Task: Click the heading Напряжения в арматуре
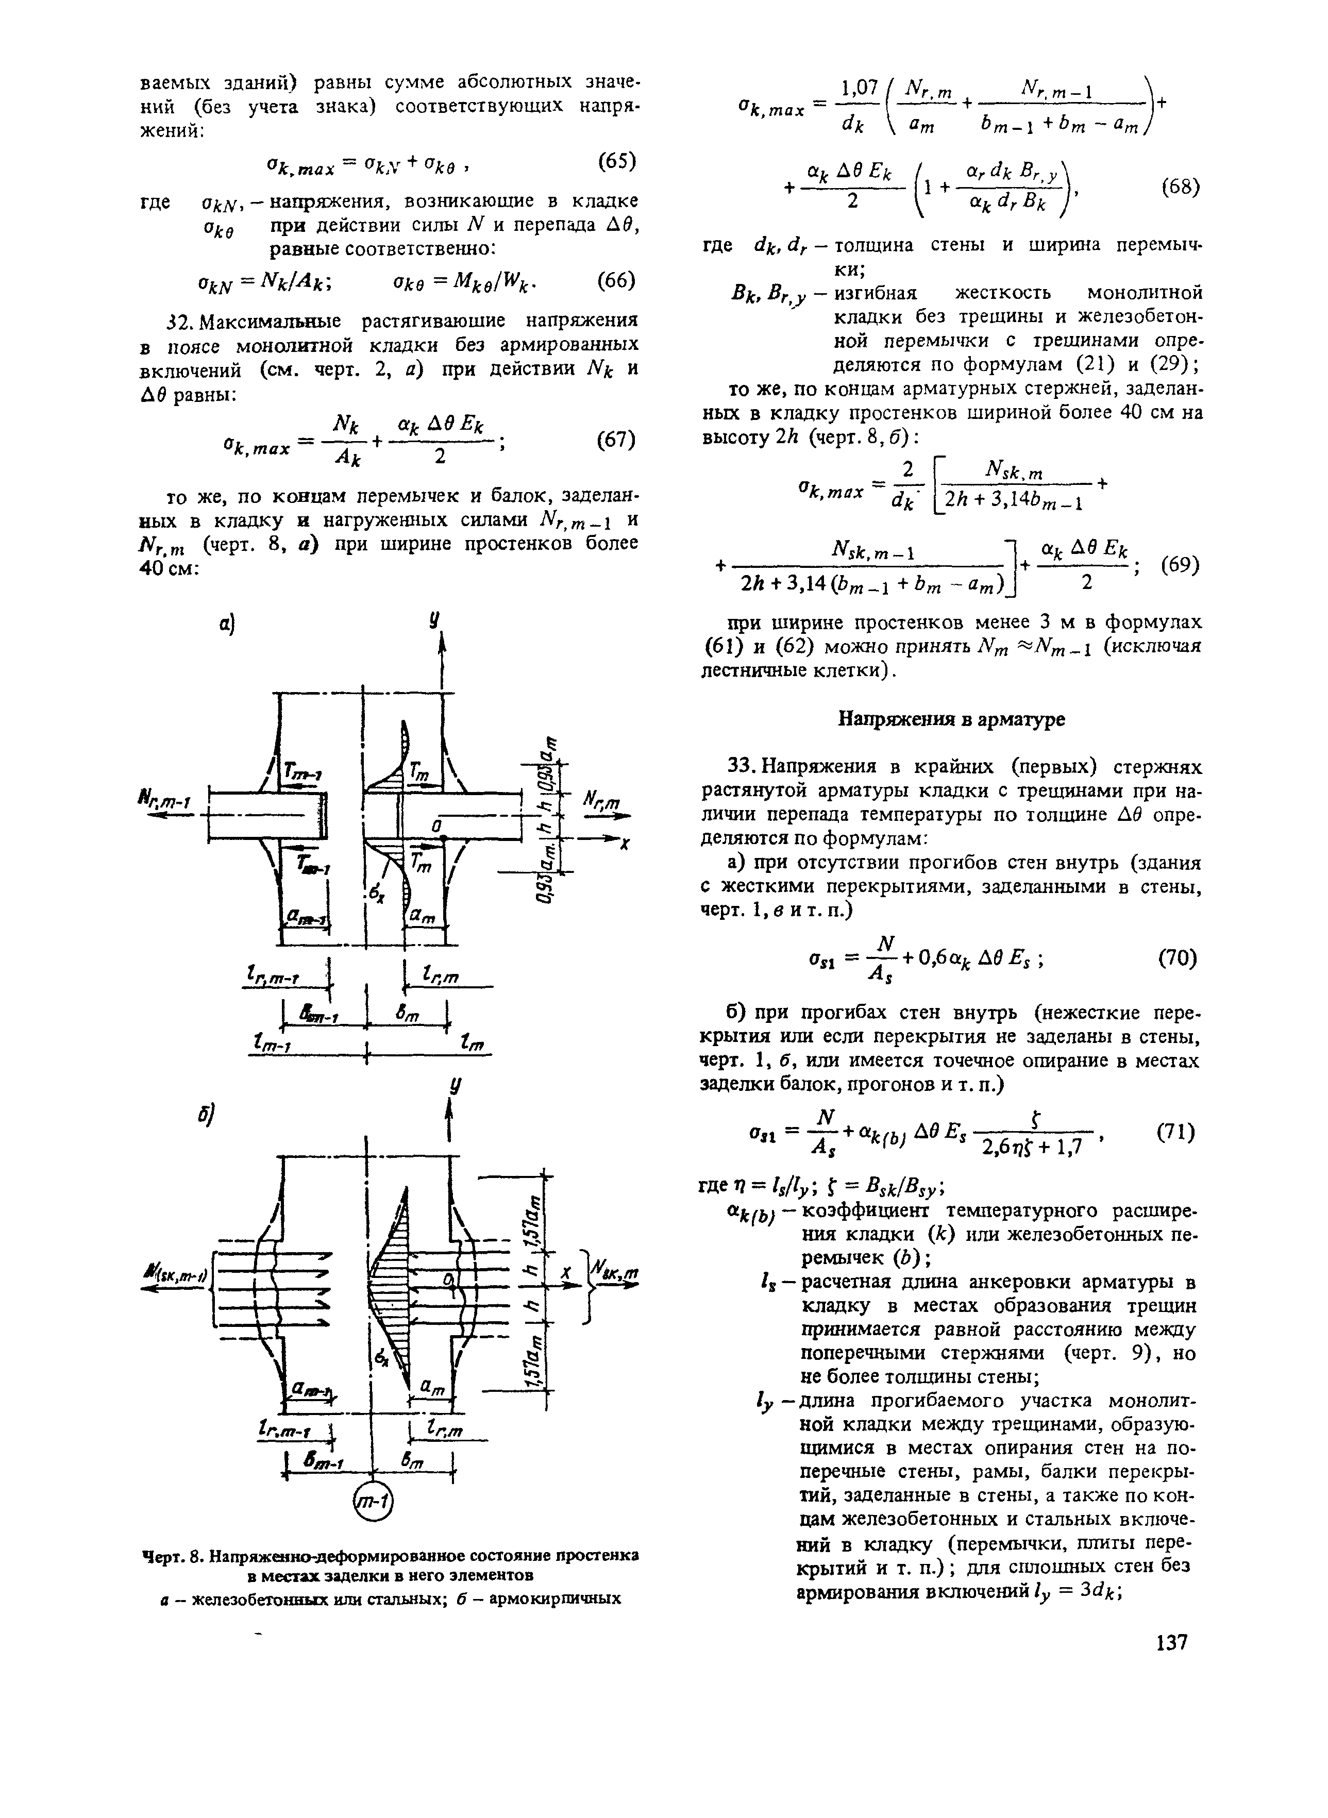tap(952, 719)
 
